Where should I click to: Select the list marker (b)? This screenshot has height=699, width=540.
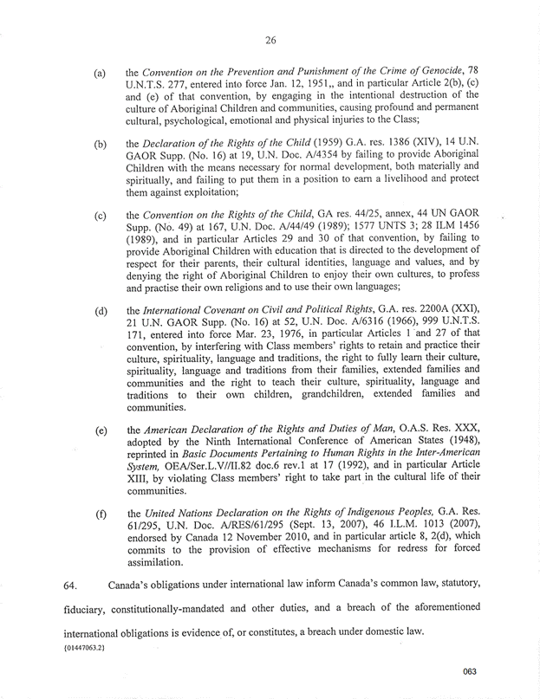point(101,143)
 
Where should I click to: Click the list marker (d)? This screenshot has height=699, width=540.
point(101,310)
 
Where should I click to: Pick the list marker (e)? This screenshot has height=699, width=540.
point(101,430)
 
